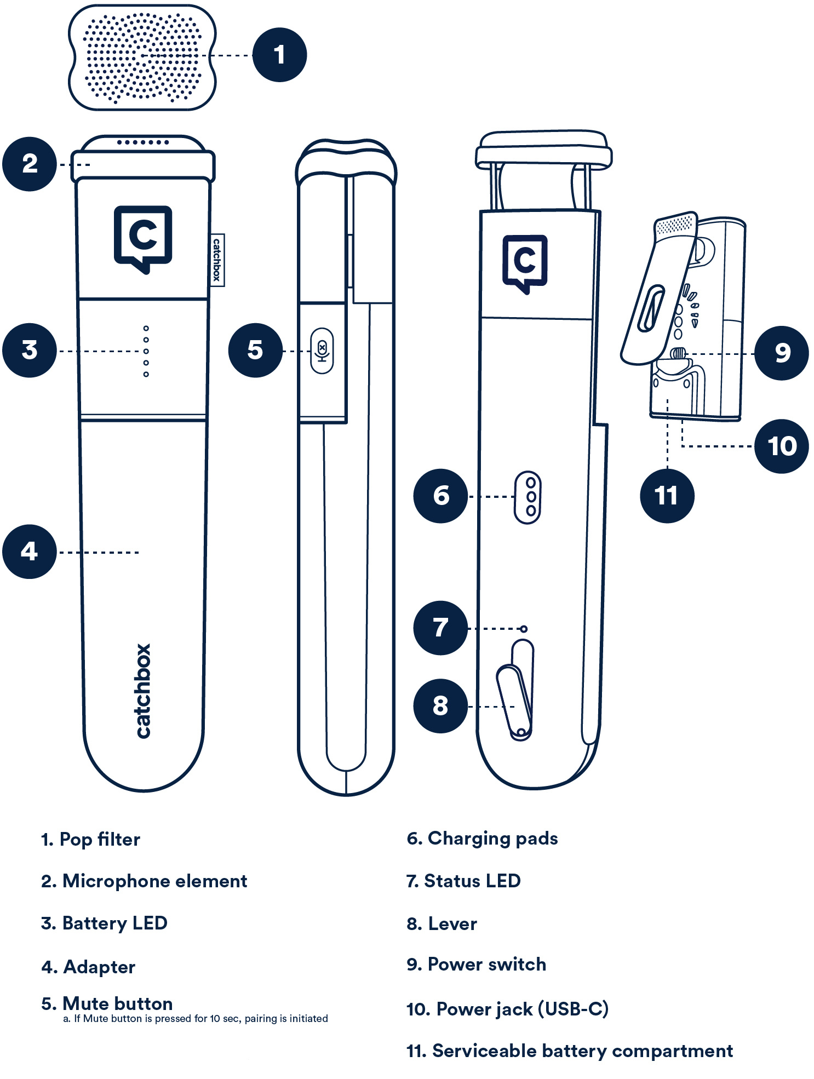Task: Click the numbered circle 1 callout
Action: [x=279, y=55]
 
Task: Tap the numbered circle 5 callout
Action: [x=255, y=350]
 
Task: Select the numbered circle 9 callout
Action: [x=781, y=353]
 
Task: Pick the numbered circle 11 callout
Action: [x=667, y=496]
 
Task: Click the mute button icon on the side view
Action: [x=322, y=351]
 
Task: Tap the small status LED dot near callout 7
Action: [x=524, y=629]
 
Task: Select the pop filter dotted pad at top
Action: [x=142, y=57]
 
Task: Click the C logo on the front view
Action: [x=143, y=238]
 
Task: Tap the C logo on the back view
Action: [x=525, y=263]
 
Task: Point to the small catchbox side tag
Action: [x=217, y=260]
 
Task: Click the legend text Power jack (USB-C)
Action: [x=507, y=1008]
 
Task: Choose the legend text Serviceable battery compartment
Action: [x=570, y=1051]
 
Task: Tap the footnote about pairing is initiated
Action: [x=196, y=1018]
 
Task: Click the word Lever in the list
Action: [x=452, y=923]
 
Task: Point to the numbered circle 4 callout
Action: [x=30, y=551]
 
